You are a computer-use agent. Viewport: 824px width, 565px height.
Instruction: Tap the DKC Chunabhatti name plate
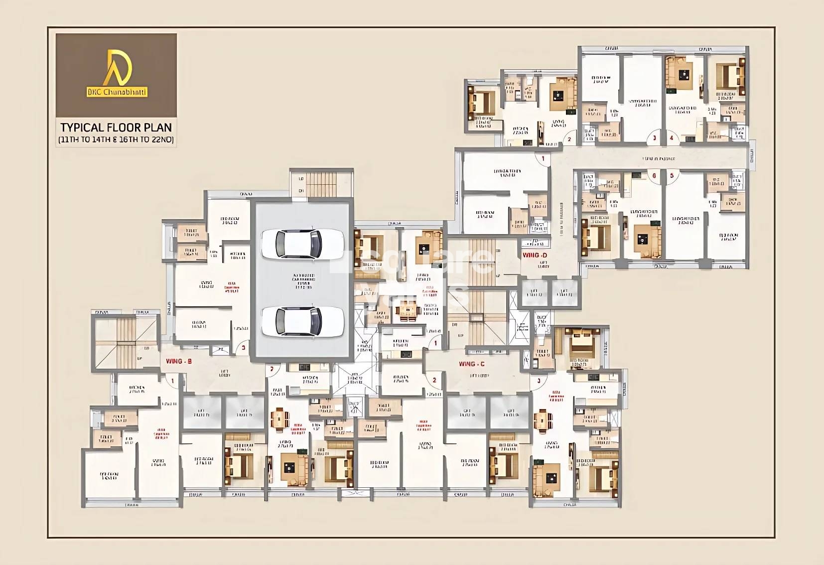click(117, 92)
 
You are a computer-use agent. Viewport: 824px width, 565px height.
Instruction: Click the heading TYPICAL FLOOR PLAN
click(116, 128)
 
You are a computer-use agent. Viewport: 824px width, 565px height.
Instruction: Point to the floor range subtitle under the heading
click(116, 140)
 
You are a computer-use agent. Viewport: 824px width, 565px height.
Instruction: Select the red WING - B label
click(179, 361)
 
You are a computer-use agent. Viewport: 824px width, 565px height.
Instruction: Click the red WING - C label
click(471, 364)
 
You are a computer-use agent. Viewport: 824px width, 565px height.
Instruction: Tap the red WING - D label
click(535, 255)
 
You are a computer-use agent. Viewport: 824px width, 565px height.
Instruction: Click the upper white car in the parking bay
click(302, 244)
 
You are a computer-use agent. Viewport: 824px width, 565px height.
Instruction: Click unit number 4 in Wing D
click(672, 138)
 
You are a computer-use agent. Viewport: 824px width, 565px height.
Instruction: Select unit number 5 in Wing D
click(672, 175)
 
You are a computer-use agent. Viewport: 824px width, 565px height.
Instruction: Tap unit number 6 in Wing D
click(654, 175)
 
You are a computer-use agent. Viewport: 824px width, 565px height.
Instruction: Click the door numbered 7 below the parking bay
click(272, 369)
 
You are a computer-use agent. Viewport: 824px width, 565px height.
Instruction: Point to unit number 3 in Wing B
click(243, 347)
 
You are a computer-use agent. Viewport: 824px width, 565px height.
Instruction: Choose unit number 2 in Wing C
click(434, 380)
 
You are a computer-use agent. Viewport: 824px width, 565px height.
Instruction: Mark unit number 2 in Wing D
click(569, 140)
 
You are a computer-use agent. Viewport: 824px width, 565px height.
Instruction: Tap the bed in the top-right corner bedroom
click(730, 75)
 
